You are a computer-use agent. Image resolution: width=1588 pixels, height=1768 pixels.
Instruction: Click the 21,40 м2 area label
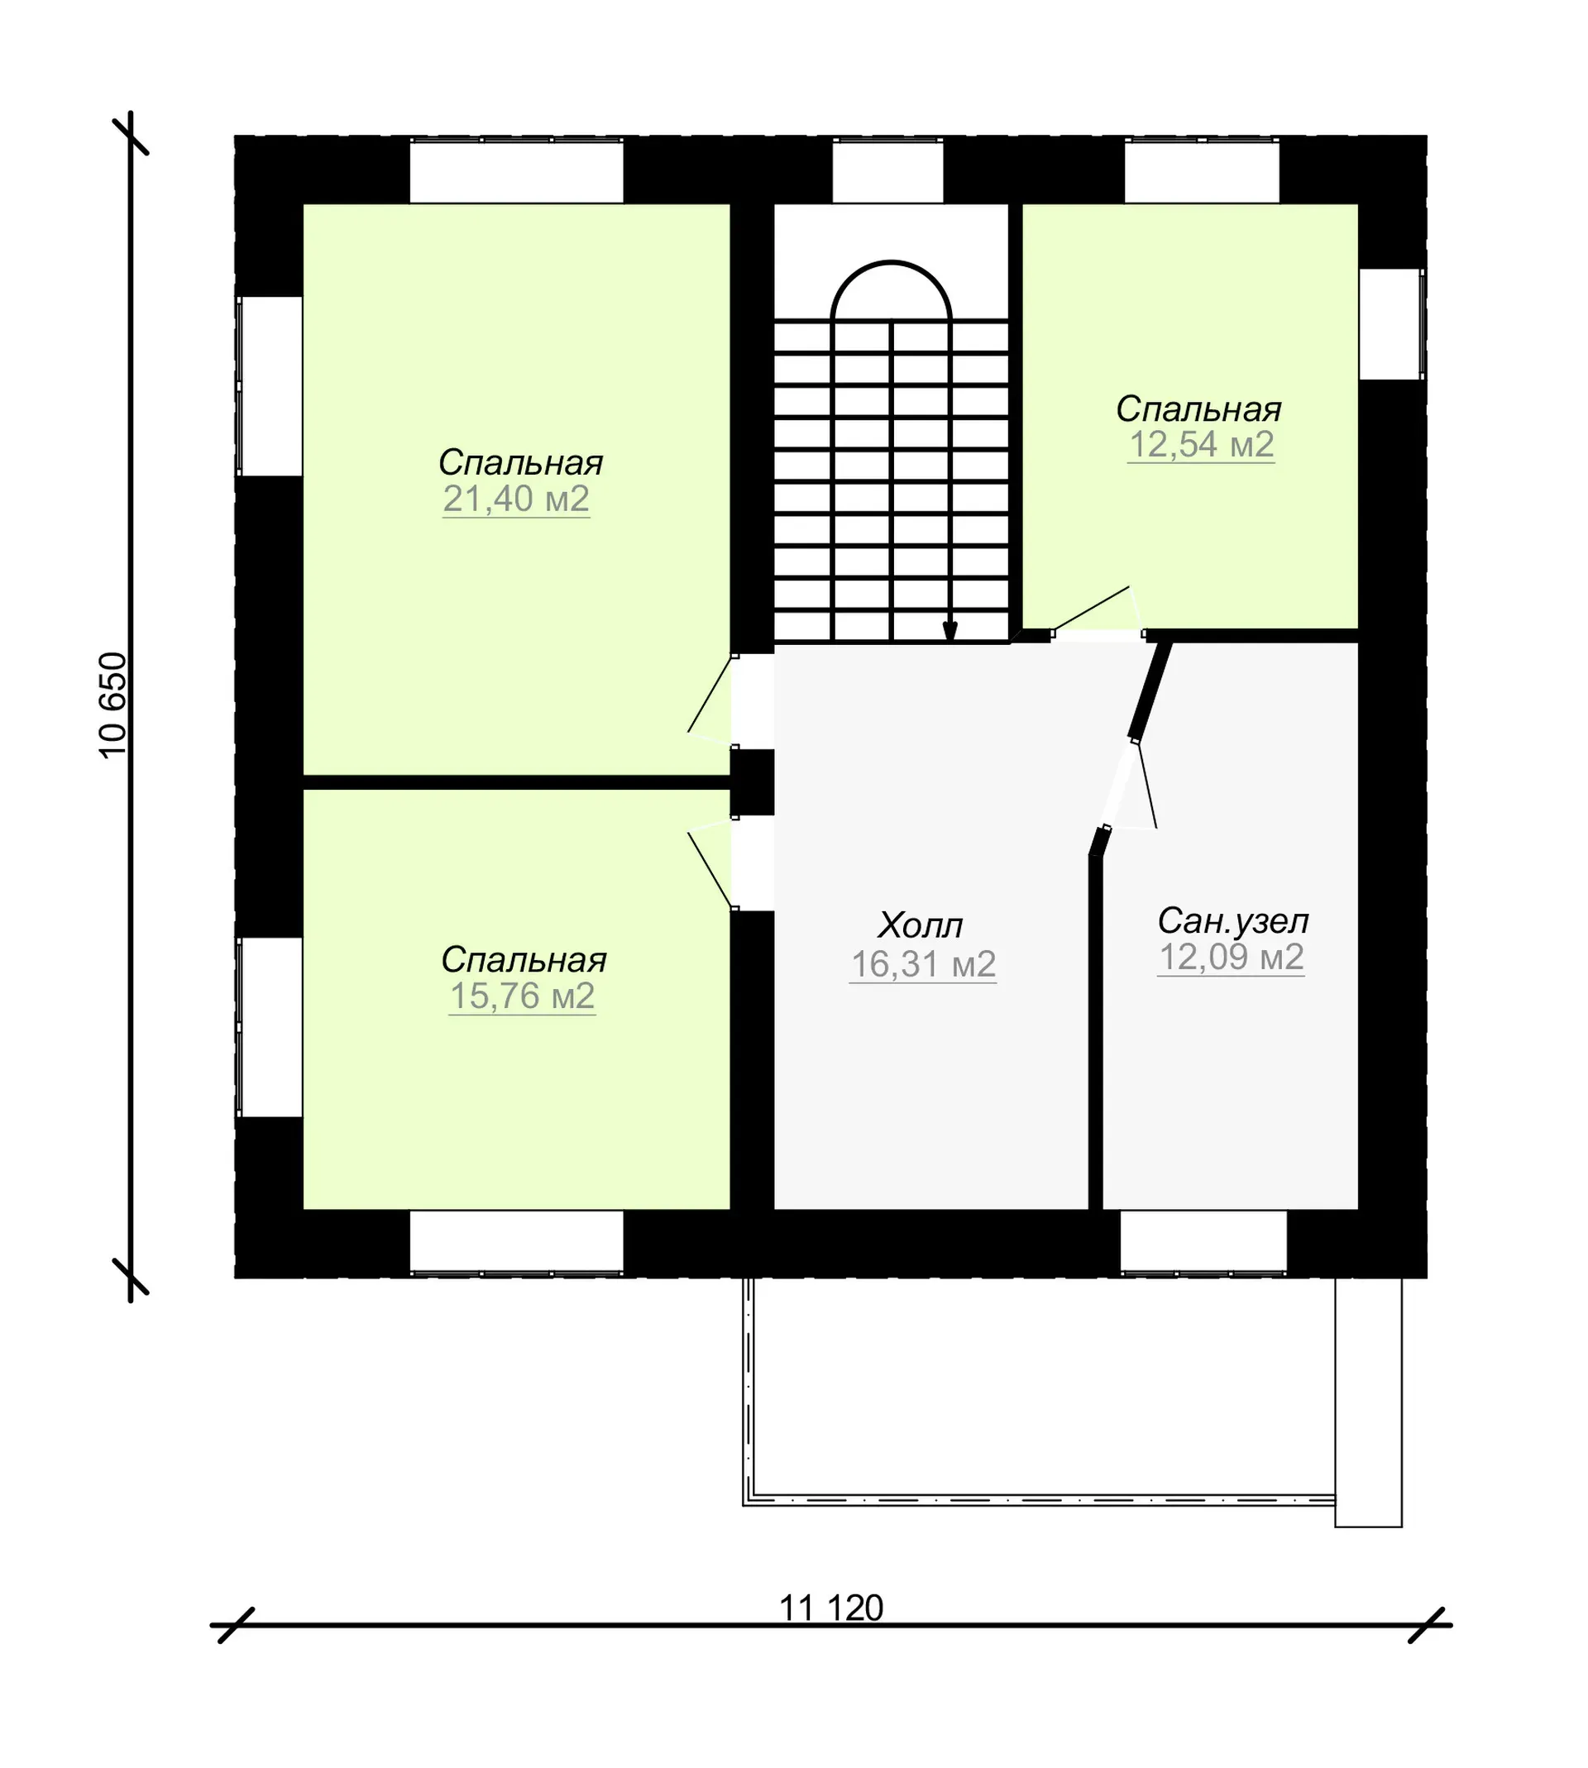(517, 499)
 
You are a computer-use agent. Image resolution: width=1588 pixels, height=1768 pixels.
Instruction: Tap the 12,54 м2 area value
(1202, 445)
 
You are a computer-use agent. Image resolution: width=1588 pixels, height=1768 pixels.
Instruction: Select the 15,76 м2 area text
(523, 996)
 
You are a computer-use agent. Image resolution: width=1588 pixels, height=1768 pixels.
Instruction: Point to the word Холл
(921, 925)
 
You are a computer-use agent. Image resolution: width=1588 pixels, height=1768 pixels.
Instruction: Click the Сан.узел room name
(1233, 921)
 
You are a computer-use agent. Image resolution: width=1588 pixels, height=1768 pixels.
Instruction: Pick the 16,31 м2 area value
(923, 965)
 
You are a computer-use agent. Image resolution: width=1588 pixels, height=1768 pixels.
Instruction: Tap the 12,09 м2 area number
(1232, 958)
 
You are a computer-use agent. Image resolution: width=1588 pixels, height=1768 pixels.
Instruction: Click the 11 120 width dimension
(831, 1608)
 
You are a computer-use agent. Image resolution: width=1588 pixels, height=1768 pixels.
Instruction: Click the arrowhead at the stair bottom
(950, 633)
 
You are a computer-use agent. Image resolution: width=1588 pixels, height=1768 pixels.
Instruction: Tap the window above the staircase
(887, 171)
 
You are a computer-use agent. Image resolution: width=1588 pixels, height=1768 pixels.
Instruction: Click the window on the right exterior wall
(1392, 323)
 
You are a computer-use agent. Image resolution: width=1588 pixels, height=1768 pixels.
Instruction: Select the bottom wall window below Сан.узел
(1203, 1242)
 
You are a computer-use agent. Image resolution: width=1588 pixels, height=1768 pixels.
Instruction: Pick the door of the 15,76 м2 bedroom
(711, 864)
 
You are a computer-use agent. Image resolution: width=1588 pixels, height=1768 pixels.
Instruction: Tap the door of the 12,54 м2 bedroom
(1098, 611)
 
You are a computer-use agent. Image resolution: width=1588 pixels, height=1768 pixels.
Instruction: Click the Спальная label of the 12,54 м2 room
(1198, 409)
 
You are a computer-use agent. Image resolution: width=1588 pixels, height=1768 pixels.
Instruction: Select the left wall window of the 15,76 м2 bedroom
(270, 1028)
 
